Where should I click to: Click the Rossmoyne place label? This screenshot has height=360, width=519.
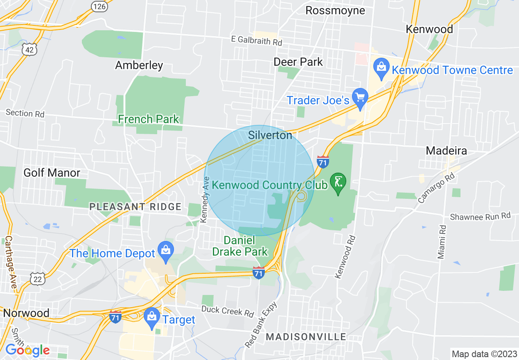335,10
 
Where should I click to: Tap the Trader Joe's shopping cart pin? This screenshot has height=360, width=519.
361,97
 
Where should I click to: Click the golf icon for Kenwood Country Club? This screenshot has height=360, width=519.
338,182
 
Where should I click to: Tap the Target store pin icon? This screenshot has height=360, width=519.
152,317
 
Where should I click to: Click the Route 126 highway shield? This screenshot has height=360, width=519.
99,6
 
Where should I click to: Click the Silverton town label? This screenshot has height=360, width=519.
270,135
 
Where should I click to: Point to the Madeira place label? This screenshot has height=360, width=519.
446,151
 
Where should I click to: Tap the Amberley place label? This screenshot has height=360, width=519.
139,65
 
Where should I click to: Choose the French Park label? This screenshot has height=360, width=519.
149,119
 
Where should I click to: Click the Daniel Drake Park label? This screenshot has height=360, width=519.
239,245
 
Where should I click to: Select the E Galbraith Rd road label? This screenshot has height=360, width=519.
257,41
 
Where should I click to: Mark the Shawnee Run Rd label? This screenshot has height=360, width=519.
481,216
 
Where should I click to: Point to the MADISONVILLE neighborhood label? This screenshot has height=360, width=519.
306,337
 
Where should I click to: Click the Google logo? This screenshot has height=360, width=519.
27,350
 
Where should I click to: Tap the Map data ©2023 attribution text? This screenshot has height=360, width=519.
483,353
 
